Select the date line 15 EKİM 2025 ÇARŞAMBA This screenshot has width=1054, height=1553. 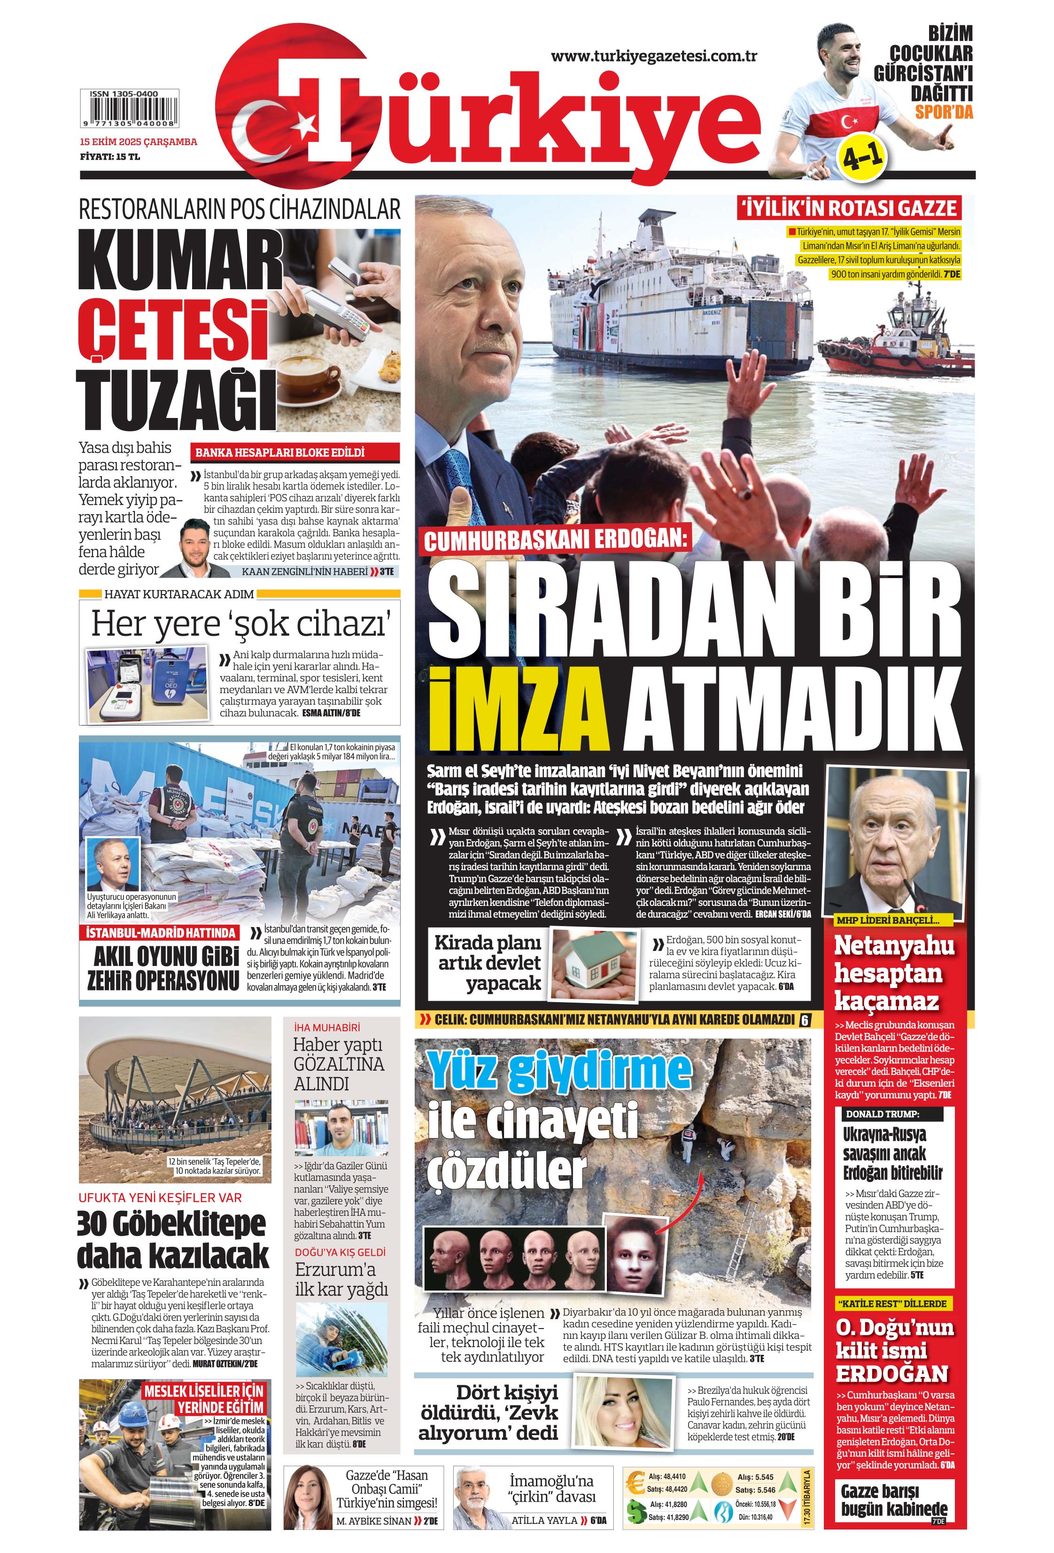pyautogui.click(x=139, y=142)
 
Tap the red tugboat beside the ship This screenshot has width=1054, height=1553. pyautogui.click(x=882, y=341)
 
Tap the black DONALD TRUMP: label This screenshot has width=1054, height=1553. pyautogui.click(x=882, y=1114)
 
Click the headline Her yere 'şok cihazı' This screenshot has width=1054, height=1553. pyautogui.click(x=239, y=624)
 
